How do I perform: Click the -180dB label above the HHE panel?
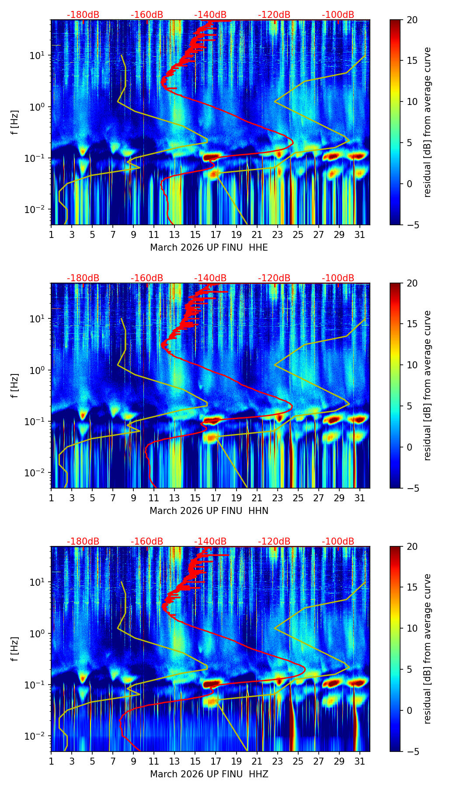(83, 15)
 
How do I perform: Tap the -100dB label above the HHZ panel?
(338, 542)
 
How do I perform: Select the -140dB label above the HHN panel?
(210, 278)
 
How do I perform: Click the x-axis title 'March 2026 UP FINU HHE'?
(209, 248)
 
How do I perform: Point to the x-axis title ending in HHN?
(209, 511)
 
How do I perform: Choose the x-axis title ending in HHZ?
(209, 774)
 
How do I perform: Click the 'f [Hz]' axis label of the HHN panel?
(15, 385)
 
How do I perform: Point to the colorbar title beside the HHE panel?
(427, 122)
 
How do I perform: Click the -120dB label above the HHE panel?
(274, 15)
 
